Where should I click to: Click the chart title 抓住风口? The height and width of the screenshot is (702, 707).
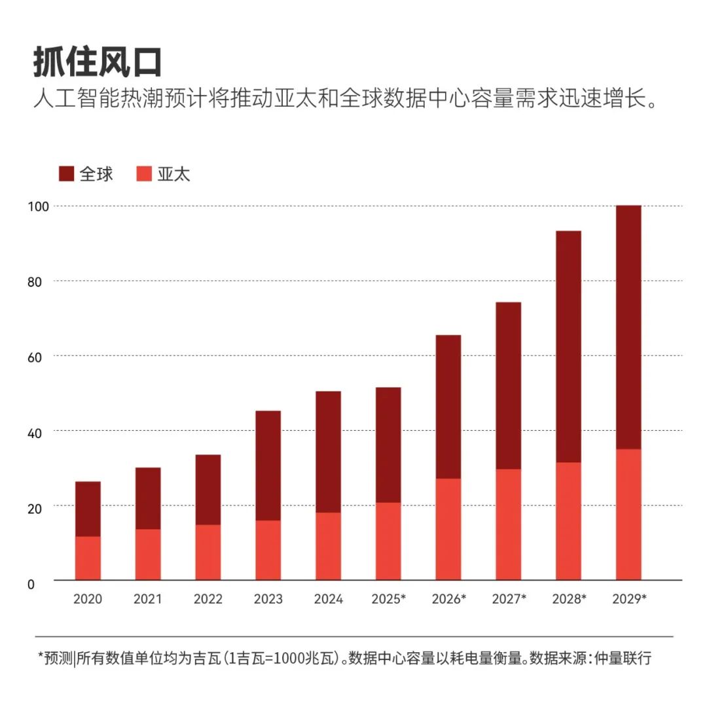98,63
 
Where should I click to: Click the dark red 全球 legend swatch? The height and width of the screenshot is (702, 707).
67,174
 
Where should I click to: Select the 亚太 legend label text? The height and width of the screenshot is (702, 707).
173,174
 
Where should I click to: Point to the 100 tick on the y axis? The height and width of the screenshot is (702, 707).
39,206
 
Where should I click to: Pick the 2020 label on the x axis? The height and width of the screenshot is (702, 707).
88,599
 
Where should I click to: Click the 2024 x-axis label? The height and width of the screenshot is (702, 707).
328,599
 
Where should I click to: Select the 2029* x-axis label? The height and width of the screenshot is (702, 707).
628,599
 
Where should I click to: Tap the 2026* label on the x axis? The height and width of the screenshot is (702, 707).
448,599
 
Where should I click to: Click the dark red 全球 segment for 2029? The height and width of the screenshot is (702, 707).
628,327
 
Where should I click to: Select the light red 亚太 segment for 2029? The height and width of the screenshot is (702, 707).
628,514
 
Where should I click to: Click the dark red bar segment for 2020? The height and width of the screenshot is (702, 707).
88,509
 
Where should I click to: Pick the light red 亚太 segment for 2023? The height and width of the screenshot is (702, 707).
268,550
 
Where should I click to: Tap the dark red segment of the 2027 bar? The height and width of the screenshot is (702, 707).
509,385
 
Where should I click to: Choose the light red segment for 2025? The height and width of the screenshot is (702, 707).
388,541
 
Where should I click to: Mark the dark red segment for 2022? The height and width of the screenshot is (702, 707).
208,489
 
